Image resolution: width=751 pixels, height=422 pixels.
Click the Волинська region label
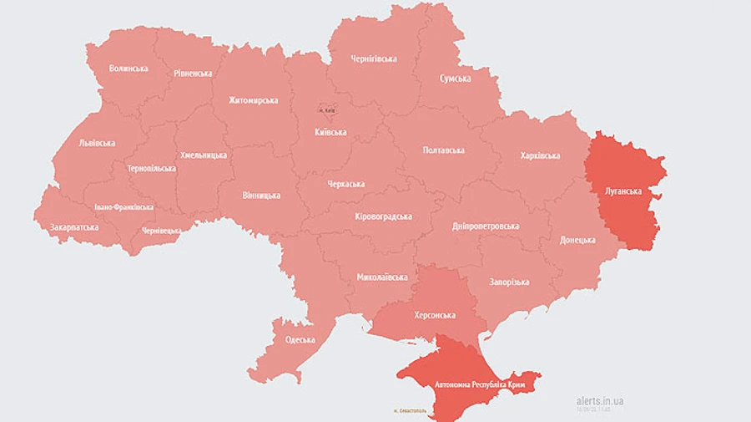point(129,68)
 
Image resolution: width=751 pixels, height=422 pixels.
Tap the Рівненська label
point(193,74)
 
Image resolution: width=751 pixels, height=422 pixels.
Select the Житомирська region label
point(253,100)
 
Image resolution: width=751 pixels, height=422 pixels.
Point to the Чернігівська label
point(373,58)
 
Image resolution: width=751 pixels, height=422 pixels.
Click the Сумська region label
point(455,79)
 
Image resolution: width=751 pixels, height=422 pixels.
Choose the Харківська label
point(540,155)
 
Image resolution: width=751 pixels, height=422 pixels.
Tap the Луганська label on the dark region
point(623,191)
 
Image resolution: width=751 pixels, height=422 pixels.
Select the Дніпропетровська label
point(486,226)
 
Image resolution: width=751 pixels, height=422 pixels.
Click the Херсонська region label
point(435,315)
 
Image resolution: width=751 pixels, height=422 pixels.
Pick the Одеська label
point(300,339)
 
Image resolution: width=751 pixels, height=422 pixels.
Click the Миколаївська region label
point(382,277)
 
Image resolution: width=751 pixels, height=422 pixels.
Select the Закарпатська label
point(74,227)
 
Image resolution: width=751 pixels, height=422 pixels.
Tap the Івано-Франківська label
point(123,206)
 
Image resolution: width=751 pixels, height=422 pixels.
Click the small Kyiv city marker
point(330,109)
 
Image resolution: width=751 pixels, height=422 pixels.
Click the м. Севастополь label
point(409,411)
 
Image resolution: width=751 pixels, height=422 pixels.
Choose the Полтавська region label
point(444,150)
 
